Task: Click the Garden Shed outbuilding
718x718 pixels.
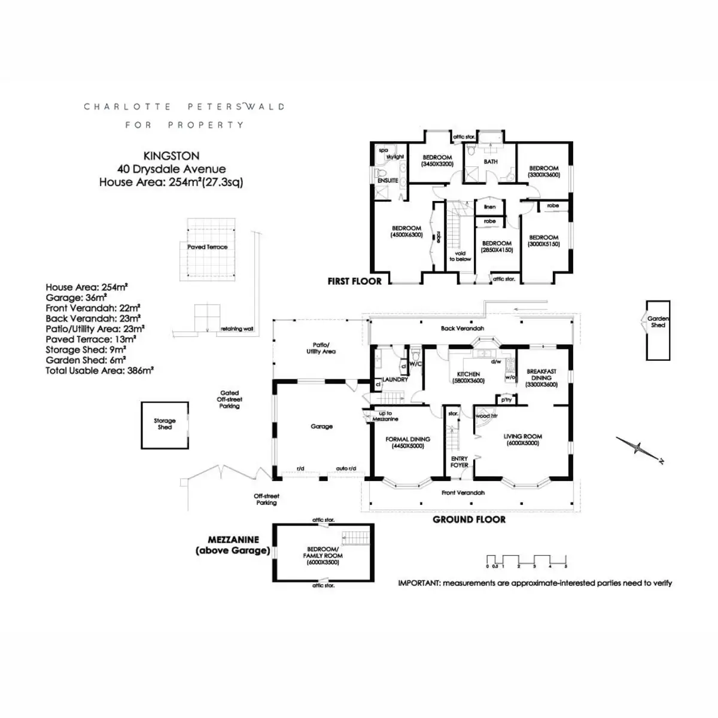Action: (x=658, y=330)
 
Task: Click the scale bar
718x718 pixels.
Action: (x=526, y=561)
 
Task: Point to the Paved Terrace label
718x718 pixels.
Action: (x=207, y=247)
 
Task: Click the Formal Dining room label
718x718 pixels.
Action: (x=407, y=442)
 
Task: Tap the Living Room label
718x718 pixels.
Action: (x=522, y=440)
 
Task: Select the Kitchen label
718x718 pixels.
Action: (x=468, y=377)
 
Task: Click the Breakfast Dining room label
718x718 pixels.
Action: (x=541, y=378)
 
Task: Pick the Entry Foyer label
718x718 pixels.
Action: (x=460, y=462)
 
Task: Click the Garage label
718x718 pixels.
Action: (x=321, y=427)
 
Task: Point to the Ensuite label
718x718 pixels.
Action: (x=388, y=180)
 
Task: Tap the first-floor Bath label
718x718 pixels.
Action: (x=491, y=162)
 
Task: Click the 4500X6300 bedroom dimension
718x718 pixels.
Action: (x=406, y=235)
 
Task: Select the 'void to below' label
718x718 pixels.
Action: (x=460, y=256)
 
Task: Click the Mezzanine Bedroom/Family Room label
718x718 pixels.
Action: (x=323, y=556)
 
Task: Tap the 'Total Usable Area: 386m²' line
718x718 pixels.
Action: (x=99, y=371)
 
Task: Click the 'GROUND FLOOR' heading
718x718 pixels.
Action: (x=469, y=519)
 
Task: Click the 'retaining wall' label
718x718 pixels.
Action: (x=236, y=329)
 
